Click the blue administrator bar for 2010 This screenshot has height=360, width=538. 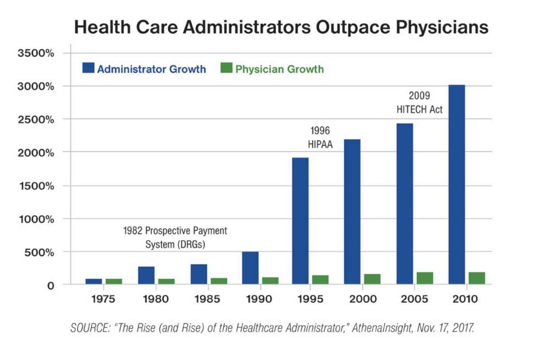[x=456, y=184]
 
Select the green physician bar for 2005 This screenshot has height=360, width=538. [x=425, y=278]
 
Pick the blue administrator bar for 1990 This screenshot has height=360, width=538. [x=250, y=268]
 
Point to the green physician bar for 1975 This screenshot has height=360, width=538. [x=114, y=281]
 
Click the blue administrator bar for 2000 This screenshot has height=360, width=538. [x=352, y=212]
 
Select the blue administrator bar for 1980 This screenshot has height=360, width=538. [x=146, y=275]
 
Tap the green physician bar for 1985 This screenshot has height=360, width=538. [x=219, y=281]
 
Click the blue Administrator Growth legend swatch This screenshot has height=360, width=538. [x=88, y=69]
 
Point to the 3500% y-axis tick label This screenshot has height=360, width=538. [x=36, y=53]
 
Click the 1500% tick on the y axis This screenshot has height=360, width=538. [x=36, y=186]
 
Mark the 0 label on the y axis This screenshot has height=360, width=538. [x=50, y=285]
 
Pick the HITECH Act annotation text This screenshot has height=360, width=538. [x=420, y=109]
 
